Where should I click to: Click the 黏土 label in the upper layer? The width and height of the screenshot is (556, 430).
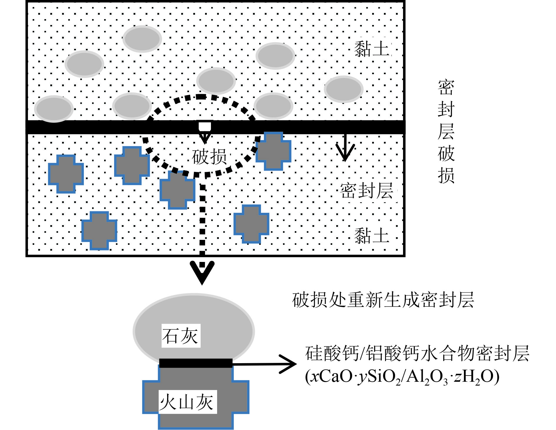click(x=372, y=49)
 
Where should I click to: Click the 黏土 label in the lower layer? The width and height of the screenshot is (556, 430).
click(x=372, y=236)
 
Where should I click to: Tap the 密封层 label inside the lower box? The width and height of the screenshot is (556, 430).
click(x=367, y=190)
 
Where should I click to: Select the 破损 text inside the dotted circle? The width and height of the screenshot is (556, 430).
click(x=209, y=156)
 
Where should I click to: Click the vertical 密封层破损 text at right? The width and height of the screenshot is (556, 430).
click(x=446, y=131)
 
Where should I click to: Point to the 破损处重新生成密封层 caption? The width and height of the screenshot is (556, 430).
click(x=383, y=300)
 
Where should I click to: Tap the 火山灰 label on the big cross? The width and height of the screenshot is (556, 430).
click(x=187, y=402)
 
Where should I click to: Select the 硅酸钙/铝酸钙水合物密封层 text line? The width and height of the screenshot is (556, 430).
click(x=417, y=353)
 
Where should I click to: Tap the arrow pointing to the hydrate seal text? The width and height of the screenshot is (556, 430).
click(x=265, y=364)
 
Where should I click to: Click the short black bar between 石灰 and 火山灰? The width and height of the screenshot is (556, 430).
click(x=196, y=363)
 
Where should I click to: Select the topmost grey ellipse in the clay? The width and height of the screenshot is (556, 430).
click(x=142, y=39)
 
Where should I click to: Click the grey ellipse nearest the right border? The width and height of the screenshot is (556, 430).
click(x=344, y=89)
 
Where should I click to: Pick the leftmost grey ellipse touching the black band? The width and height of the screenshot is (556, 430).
click(x=54, y=109)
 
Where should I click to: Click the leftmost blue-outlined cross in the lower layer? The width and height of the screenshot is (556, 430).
click(x=66, y=174)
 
